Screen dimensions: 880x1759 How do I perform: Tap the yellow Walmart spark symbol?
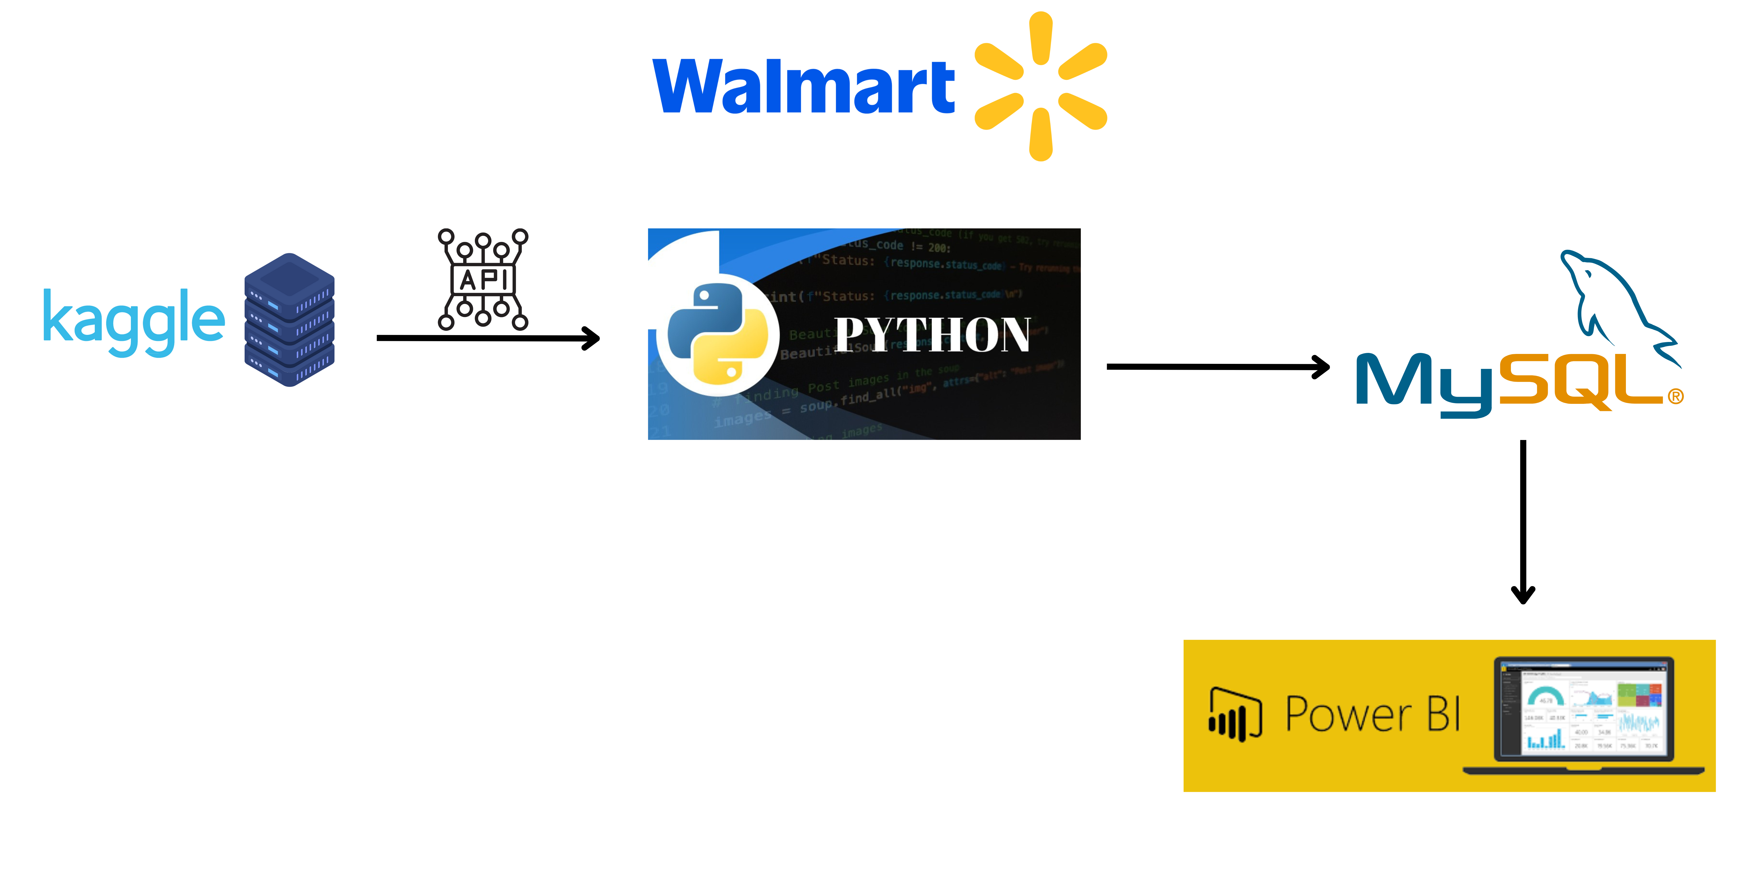[x=1040, y=86]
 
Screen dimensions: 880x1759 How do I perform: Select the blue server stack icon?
[x=290, y=320]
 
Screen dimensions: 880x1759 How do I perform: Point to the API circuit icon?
[x=483, y=279]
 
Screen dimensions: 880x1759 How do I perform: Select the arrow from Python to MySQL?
[x=1217, y=367]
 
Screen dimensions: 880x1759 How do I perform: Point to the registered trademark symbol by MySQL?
[x=1676, y=396]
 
